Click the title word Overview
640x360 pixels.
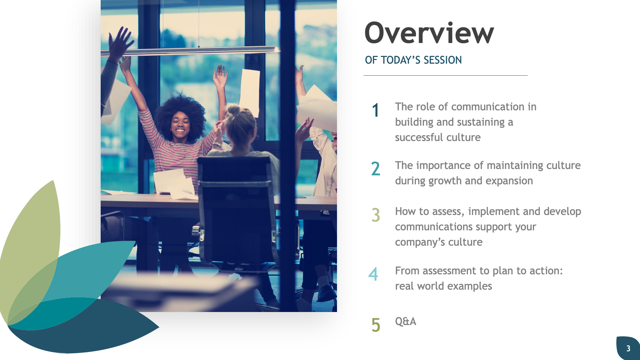tap(429, 33)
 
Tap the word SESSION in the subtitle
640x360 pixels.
tap(443, 60)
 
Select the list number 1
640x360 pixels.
tap(376, 110)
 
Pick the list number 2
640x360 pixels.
tap(376, 169)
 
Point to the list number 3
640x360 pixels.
tap(376, 215)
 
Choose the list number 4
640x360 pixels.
tap(373, 274)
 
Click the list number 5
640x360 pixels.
tap(376, 325)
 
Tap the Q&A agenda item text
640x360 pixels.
tap(405, 321)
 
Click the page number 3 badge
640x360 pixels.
tap(628, 348)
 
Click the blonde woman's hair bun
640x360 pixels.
tap(234, 110)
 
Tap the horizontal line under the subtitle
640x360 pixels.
tap(445, 76)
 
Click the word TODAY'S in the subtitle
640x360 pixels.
tap(401, 60)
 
